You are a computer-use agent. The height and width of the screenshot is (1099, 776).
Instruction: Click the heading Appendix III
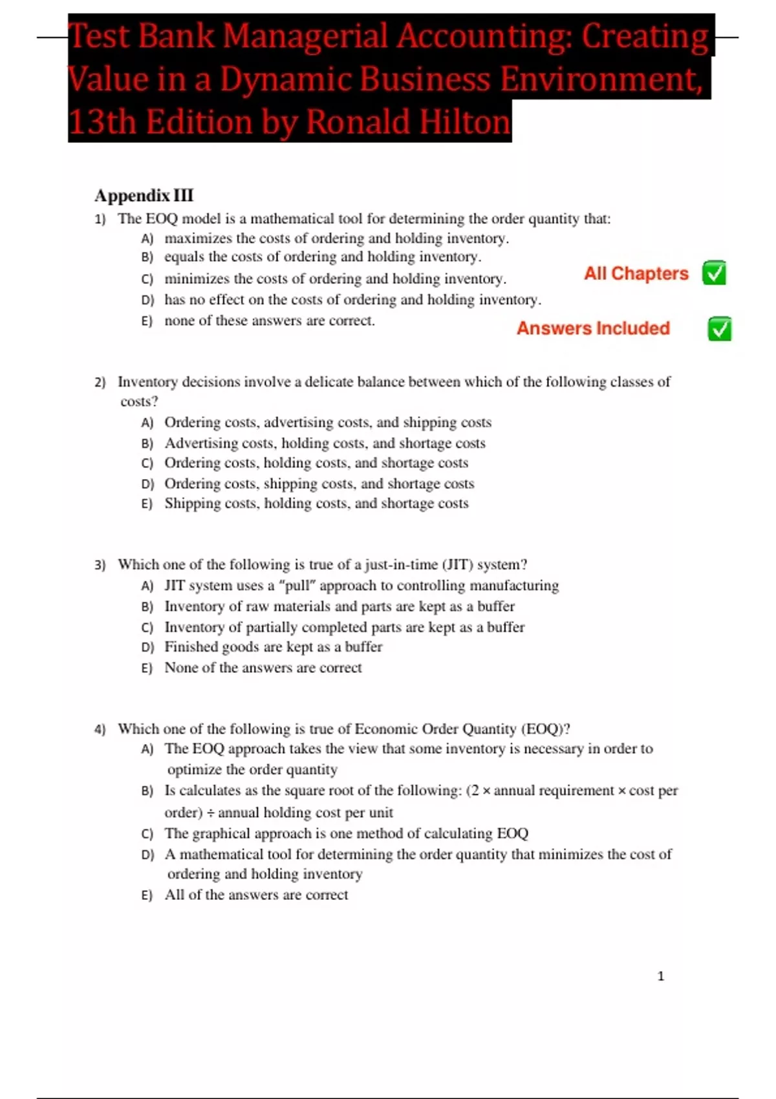[144, 195]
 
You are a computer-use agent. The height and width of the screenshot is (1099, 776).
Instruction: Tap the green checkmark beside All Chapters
[714, 273]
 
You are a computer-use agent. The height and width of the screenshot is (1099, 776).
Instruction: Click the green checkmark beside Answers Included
[719, 329]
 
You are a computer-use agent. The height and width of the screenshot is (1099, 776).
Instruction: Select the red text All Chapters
[636, 273]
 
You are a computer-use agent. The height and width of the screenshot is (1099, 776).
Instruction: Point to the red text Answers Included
[592, 328]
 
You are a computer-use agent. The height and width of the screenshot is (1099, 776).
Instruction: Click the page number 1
[660, 976]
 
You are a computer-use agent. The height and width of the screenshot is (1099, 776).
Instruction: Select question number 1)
[100, 219]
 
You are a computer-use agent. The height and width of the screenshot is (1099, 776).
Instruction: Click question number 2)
[100, 382]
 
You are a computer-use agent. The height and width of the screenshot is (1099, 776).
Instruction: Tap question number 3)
[100, 565]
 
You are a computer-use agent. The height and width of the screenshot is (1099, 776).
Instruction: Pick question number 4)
[100, 729]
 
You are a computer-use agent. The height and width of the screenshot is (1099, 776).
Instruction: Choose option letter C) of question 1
[147, 279]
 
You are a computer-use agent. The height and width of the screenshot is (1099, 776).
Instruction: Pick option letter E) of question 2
[147, 504]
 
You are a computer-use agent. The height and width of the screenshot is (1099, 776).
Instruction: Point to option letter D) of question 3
[147, 647]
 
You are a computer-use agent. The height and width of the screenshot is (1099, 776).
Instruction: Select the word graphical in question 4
[220, 833]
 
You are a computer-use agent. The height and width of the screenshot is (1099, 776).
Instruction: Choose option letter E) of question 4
[147, 895]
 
